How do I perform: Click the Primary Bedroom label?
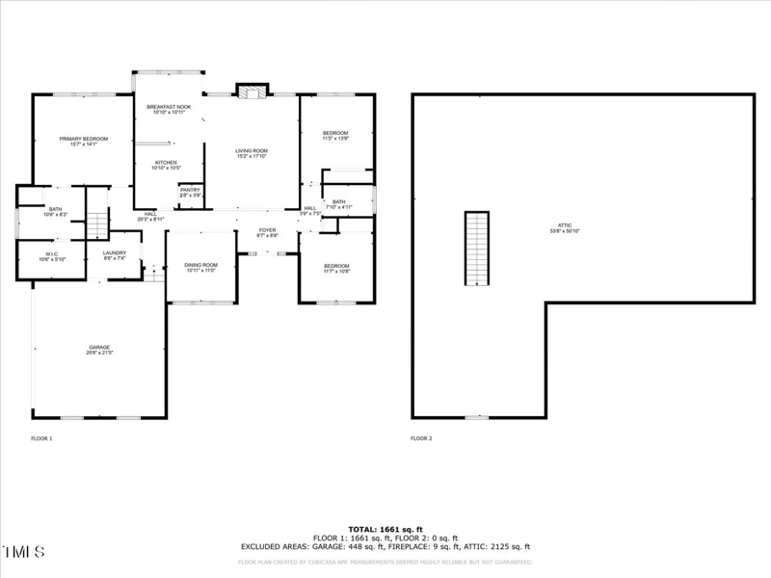point(83,142)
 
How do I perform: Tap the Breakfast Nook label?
point(169,109)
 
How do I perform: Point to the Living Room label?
point(252,152)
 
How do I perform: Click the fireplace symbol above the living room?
point(253,92)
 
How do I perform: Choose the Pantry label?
point(190,192)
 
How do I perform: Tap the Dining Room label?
point(200,267)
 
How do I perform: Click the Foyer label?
point(267,232)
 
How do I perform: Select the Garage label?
point(99,350)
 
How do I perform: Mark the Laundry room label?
point(115,255)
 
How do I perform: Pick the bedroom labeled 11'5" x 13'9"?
point(334,136)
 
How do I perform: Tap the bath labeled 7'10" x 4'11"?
point(338,204)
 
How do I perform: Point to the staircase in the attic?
point(477,249)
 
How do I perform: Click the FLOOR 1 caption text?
point(42,438)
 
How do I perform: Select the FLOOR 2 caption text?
point(421,438)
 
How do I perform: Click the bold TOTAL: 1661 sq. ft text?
point(385,530)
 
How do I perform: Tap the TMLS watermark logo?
point(24,552)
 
